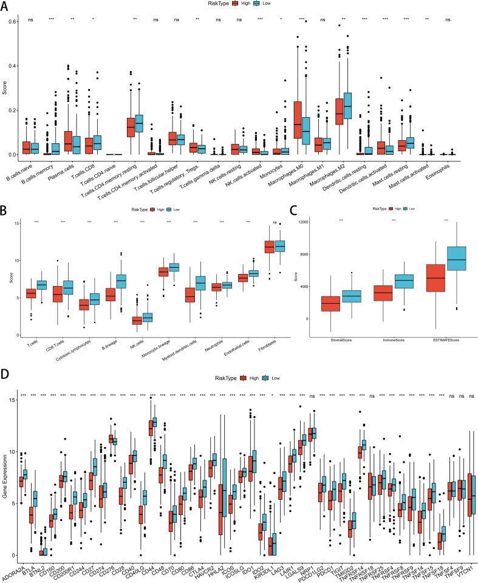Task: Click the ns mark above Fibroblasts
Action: coord(275,222)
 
